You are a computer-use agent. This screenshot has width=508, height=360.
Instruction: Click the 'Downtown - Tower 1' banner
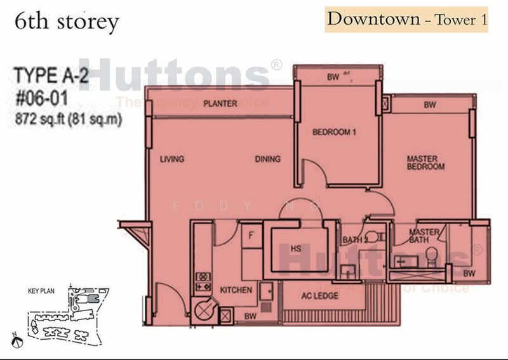pos(407,19)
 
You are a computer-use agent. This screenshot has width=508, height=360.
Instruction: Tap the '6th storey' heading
pos(67,23)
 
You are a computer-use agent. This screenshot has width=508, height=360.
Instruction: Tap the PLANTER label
pos(220,103)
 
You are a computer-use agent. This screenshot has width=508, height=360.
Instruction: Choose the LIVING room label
pos(172,159)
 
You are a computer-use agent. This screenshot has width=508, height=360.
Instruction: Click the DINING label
pos(268,159)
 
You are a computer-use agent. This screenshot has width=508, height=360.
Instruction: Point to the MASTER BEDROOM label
pos(425,163)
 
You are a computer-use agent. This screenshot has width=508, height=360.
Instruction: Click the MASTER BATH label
pos(424,236)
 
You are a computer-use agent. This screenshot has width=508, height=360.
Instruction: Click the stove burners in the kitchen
pos(203,282)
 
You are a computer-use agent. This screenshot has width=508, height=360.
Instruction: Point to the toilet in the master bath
pos(431,255)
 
